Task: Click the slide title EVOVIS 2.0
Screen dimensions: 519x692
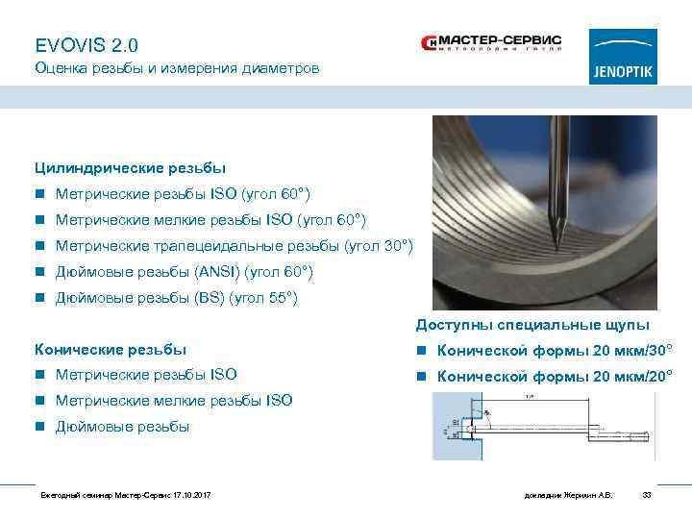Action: click(86, 45)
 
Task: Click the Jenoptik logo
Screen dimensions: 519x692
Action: click(623, 57)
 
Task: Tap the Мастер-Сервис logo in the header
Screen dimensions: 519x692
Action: click(491, 44)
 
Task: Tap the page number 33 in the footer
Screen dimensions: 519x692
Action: click(646, 494)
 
